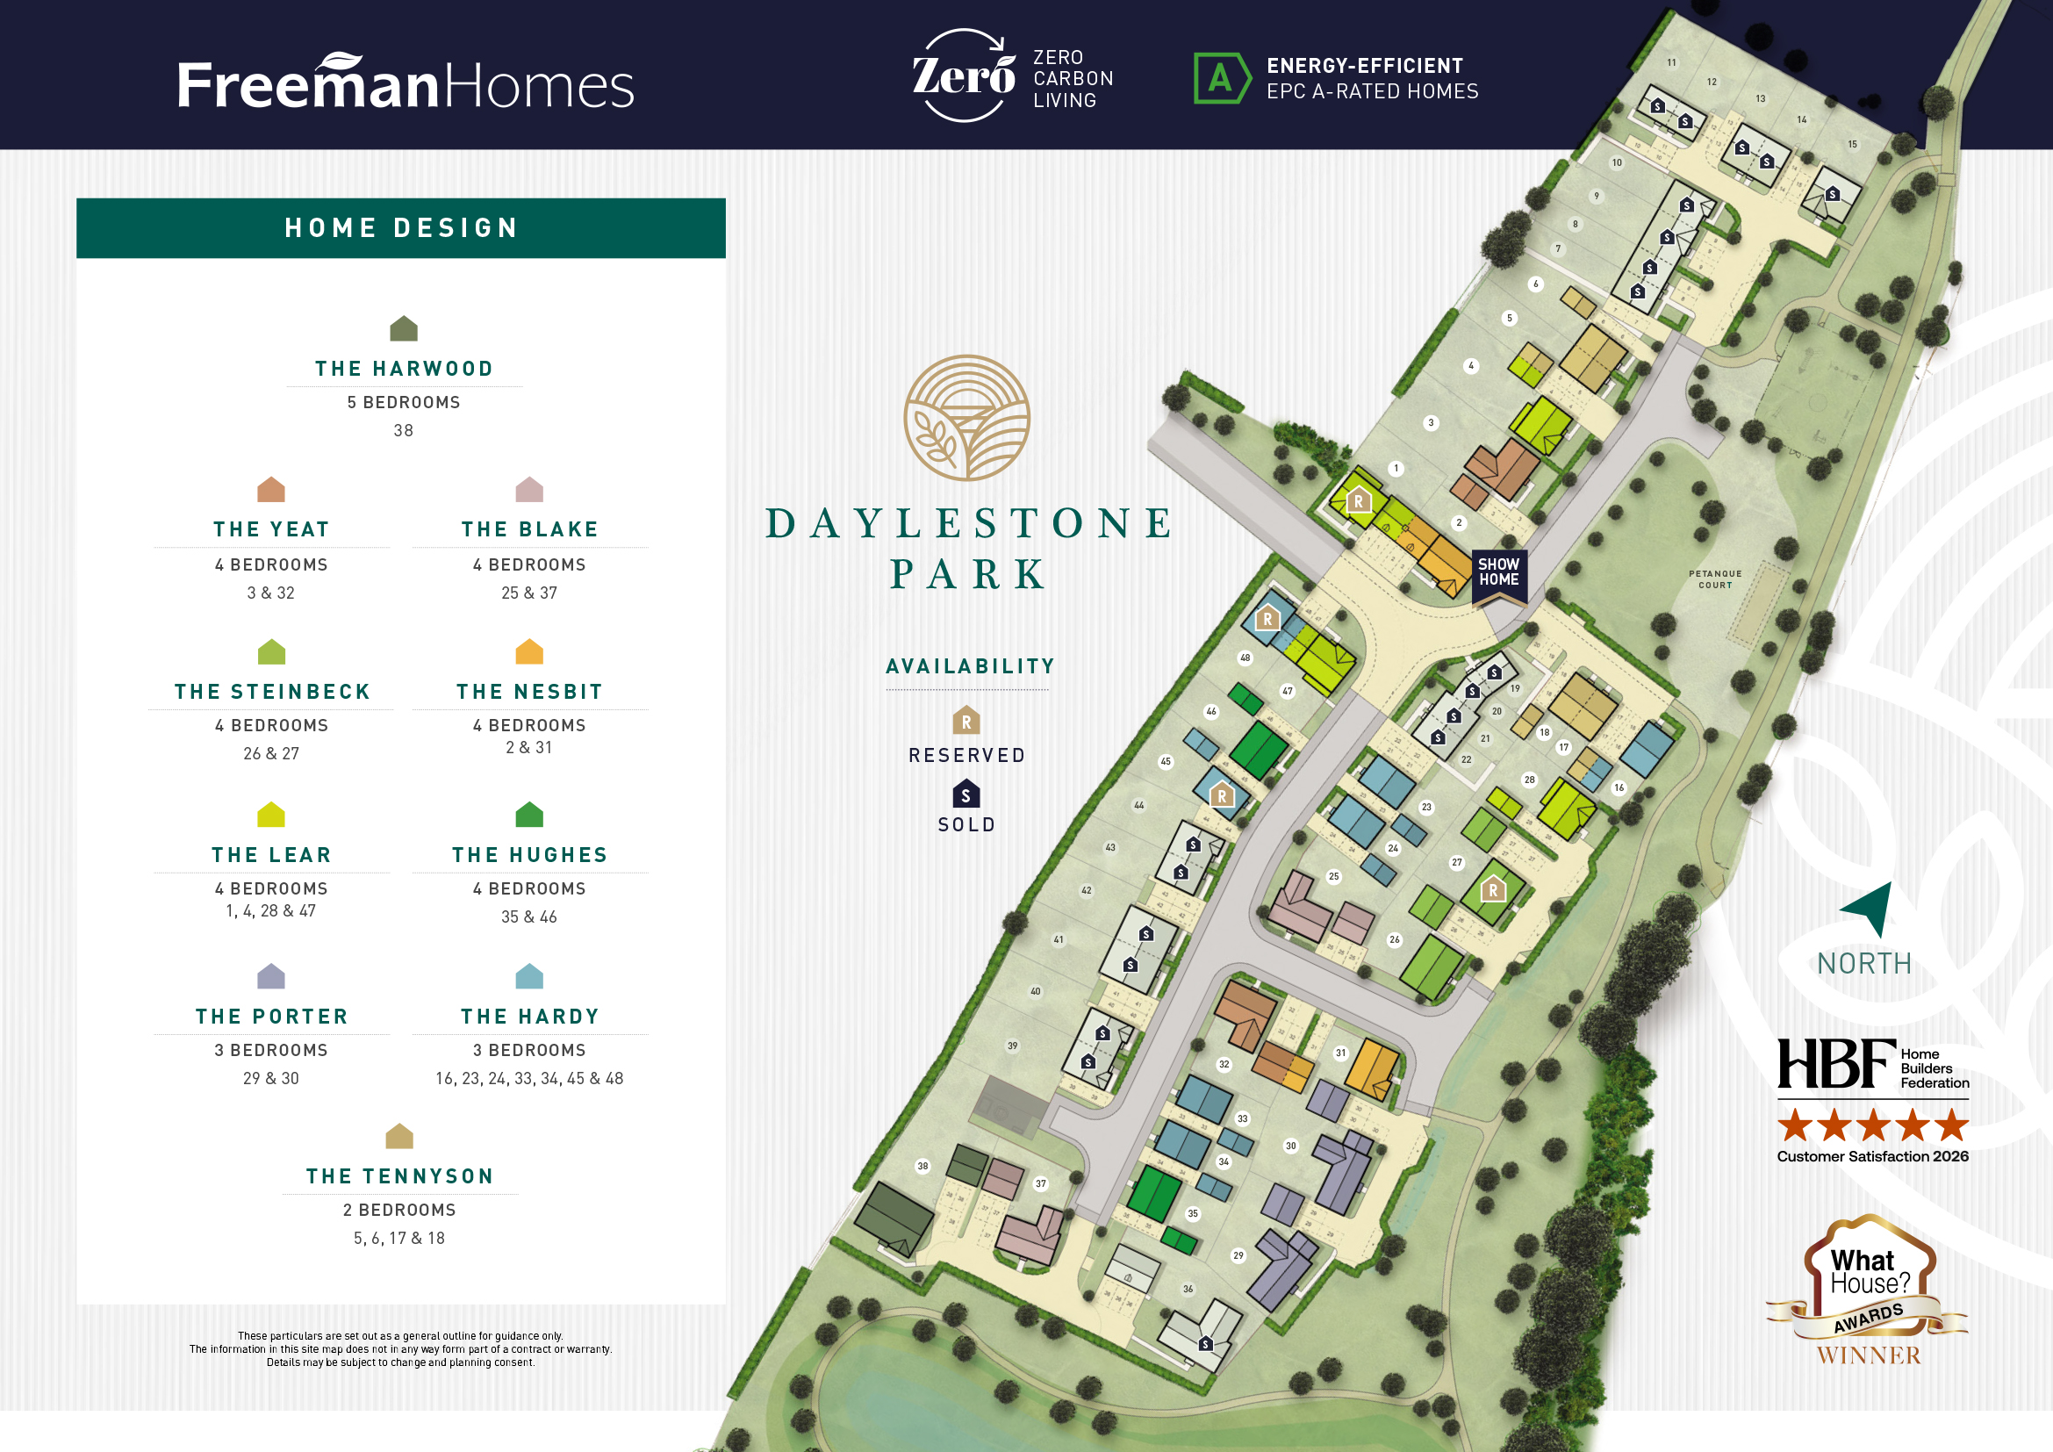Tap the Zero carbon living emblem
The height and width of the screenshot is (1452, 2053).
click(x=963, y=75)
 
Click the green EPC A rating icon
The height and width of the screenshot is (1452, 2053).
click(x=1221, y=79)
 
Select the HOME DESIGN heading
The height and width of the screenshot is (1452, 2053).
click(x=400, y=228)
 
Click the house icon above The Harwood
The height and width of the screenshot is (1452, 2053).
click(x=403, y=328)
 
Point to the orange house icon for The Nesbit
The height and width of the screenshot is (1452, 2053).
click(x=529, y=651)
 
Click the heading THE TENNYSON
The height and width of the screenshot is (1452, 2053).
click(x=399, y=1175)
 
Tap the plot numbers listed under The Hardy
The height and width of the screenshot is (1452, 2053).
click(x=528, y=1078)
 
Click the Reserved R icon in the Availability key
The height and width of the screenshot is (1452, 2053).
click(x=965, y=720)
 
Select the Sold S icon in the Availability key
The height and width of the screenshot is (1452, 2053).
click(x=965, y=794)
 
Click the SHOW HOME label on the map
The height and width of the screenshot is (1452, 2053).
click(x=1498, y=572)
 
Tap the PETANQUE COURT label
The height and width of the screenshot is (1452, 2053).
click(x=1714, y=579)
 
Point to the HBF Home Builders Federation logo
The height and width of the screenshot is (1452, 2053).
click(x=1872, y=1064)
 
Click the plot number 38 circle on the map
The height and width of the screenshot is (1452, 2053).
click(x=922, y=1166)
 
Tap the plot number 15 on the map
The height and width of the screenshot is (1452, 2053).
click(x=1853, y=144)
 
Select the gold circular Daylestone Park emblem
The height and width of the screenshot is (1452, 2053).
click(x=966, y=418)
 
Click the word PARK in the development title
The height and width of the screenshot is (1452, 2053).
click(x=968, y=574)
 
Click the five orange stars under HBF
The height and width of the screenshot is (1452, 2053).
click(x=1872, y=1125)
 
